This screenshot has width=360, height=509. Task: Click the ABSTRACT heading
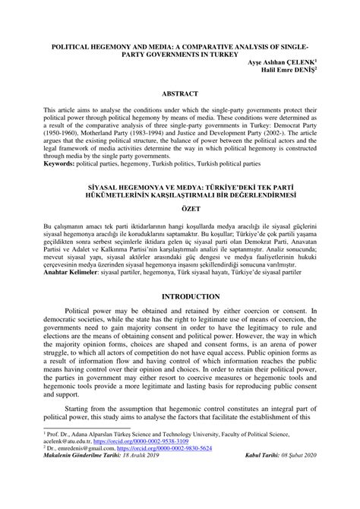point(179,93)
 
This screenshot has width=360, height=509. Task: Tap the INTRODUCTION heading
point(179,296)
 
